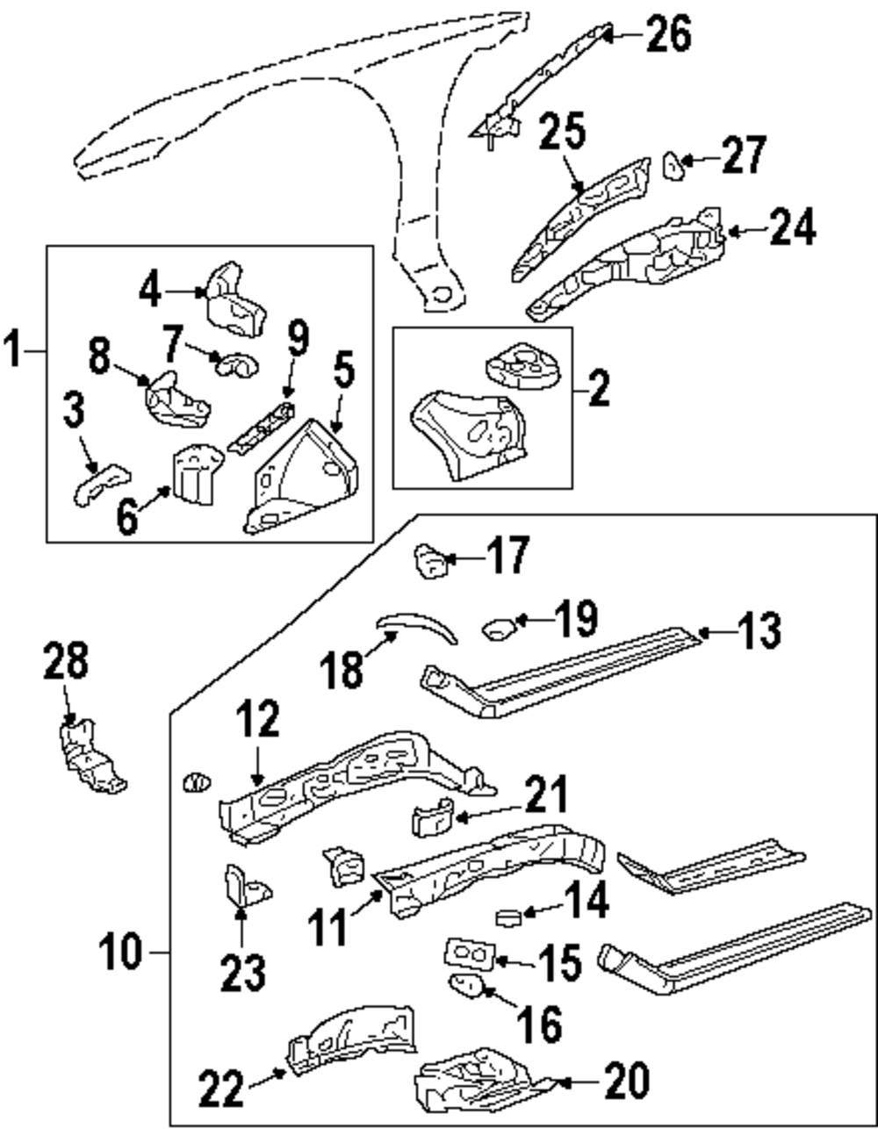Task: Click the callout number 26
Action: point(669,34)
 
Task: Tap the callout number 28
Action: point(67,662)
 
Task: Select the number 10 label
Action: point(119,952)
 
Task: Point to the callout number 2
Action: point(599,389)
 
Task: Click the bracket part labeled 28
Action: point(88,754)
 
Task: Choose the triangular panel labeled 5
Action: point(303,478)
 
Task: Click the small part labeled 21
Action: point(432,819)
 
